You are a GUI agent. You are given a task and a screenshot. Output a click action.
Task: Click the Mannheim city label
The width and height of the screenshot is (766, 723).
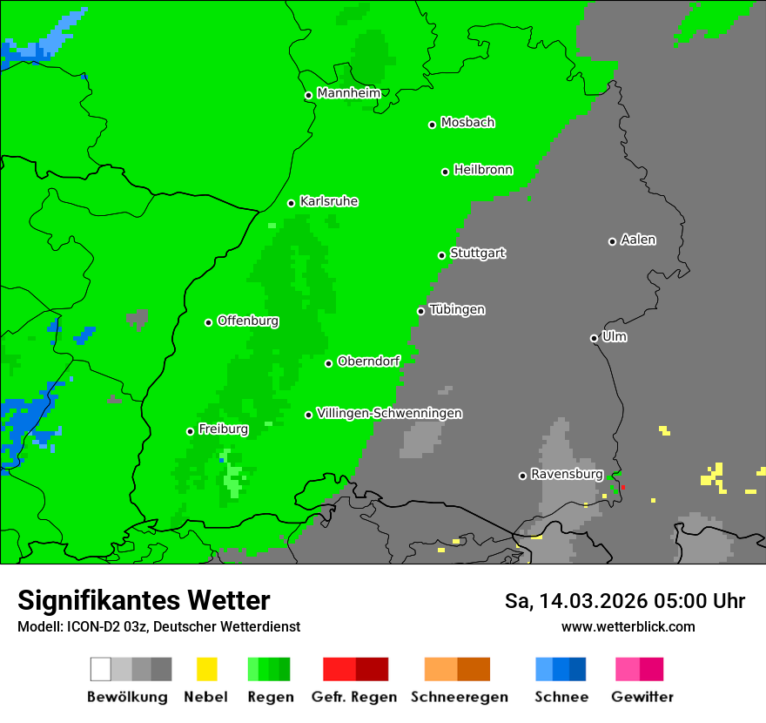pos(348,93)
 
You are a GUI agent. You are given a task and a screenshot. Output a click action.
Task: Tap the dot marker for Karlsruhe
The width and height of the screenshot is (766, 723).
pos(292,203)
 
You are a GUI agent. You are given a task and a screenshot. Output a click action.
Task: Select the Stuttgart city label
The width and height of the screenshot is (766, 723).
pos(477,253)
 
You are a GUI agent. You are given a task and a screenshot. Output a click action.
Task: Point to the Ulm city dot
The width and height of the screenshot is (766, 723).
pos(594,338)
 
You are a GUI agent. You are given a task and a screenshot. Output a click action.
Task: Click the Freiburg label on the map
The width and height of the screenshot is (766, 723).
pos(223,429)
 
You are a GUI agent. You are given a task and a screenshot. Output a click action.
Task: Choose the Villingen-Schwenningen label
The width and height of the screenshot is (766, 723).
pos(389,414)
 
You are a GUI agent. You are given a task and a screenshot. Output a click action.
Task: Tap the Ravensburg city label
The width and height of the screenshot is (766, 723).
pos(567,475)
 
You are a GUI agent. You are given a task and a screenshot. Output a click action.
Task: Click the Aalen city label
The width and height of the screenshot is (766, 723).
pos(638,240)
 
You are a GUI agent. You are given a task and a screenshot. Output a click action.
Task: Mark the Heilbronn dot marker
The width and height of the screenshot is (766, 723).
pos(445,172)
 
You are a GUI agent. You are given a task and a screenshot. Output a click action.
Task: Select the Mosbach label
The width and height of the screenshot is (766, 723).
pos(467,123)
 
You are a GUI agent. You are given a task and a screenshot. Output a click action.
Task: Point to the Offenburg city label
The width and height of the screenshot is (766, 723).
pos(248,321)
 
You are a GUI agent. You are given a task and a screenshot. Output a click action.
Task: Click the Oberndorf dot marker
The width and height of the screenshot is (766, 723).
pos(328,363)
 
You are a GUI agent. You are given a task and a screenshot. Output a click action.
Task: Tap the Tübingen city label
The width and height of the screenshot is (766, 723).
pos(457,310)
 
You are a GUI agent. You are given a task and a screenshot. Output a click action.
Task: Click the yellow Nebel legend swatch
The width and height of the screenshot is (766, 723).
pos(206,669)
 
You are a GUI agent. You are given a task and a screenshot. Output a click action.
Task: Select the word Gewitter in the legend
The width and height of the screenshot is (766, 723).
pos(642,697)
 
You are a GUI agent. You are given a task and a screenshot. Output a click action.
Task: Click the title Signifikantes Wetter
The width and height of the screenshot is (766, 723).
pos(144,600)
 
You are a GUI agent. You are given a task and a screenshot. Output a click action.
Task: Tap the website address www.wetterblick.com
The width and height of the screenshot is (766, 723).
pos(628,626)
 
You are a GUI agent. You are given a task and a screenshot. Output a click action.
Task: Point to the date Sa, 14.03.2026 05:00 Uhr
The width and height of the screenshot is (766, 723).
pos(624,601)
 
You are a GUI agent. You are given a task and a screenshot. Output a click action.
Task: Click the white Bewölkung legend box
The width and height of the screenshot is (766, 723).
pos(101,669)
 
